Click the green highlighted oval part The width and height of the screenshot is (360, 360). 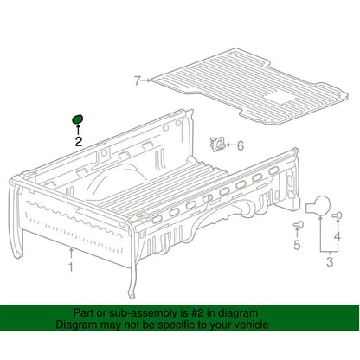pos(77,119)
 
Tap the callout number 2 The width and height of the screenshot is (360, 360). pos(79,141)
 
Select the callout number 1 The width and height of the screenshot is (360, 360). pos(71,267)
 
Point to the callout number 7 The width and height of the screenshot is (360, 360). pos(138,80)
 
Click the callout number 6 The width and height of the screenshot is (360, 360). pos(241,145)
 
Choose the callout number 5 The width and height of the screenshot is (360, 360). pos(297,245)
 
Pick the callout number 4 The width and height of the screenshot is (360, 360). pos(337,236)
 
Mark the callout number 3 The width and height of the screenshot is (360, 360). pos(330,262)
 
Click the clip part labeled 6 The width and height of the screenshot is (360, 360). pos(217,144)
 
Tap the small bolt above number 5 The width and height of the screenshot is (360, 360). pos(299,224)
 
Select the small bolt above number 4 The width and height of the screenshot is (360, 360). pos(337,215)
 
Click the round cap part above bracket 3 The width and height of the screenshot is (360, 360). pos(318,205)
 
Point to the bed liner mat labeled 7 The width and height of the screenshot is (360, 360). pos(250,87)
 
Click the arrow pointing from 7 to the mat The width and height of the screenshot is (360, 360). pos(146,80)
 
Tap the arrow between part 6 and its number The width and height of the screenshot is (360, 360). pos(230,145)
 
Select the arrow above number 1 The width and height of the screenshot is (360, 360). pos(71,254)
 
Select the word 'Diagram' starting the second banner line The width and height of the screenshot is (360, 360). pos(76,325)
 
